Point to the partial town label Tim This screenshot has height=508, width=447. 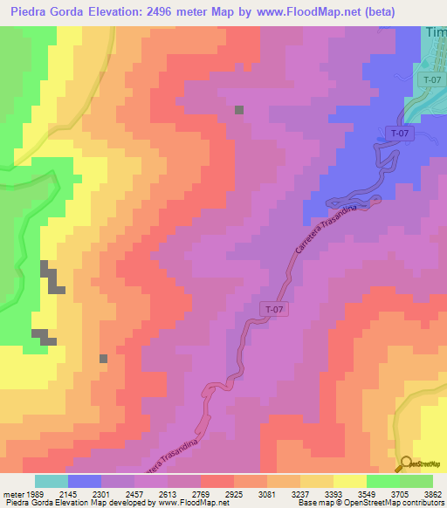[436, 32]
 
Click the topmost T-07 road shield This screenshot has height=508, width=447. [430, 79]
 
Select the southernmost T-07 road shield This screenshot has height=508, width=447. [273, 309]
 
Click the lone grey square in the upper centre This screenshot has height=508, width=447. [239, 110]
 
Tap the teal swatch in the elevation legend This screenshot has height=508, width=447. [51, 481]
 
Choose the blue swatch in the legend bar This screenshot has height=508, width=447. [84, 481]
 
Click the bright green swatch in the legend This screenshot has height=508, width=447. [382, 481]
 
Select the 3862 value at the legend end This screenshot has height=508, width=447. [430, 493]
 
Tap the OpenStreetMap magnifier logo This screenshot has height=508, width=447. [406, 463]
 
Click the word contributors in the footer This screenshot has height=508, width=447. [423, 504]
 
